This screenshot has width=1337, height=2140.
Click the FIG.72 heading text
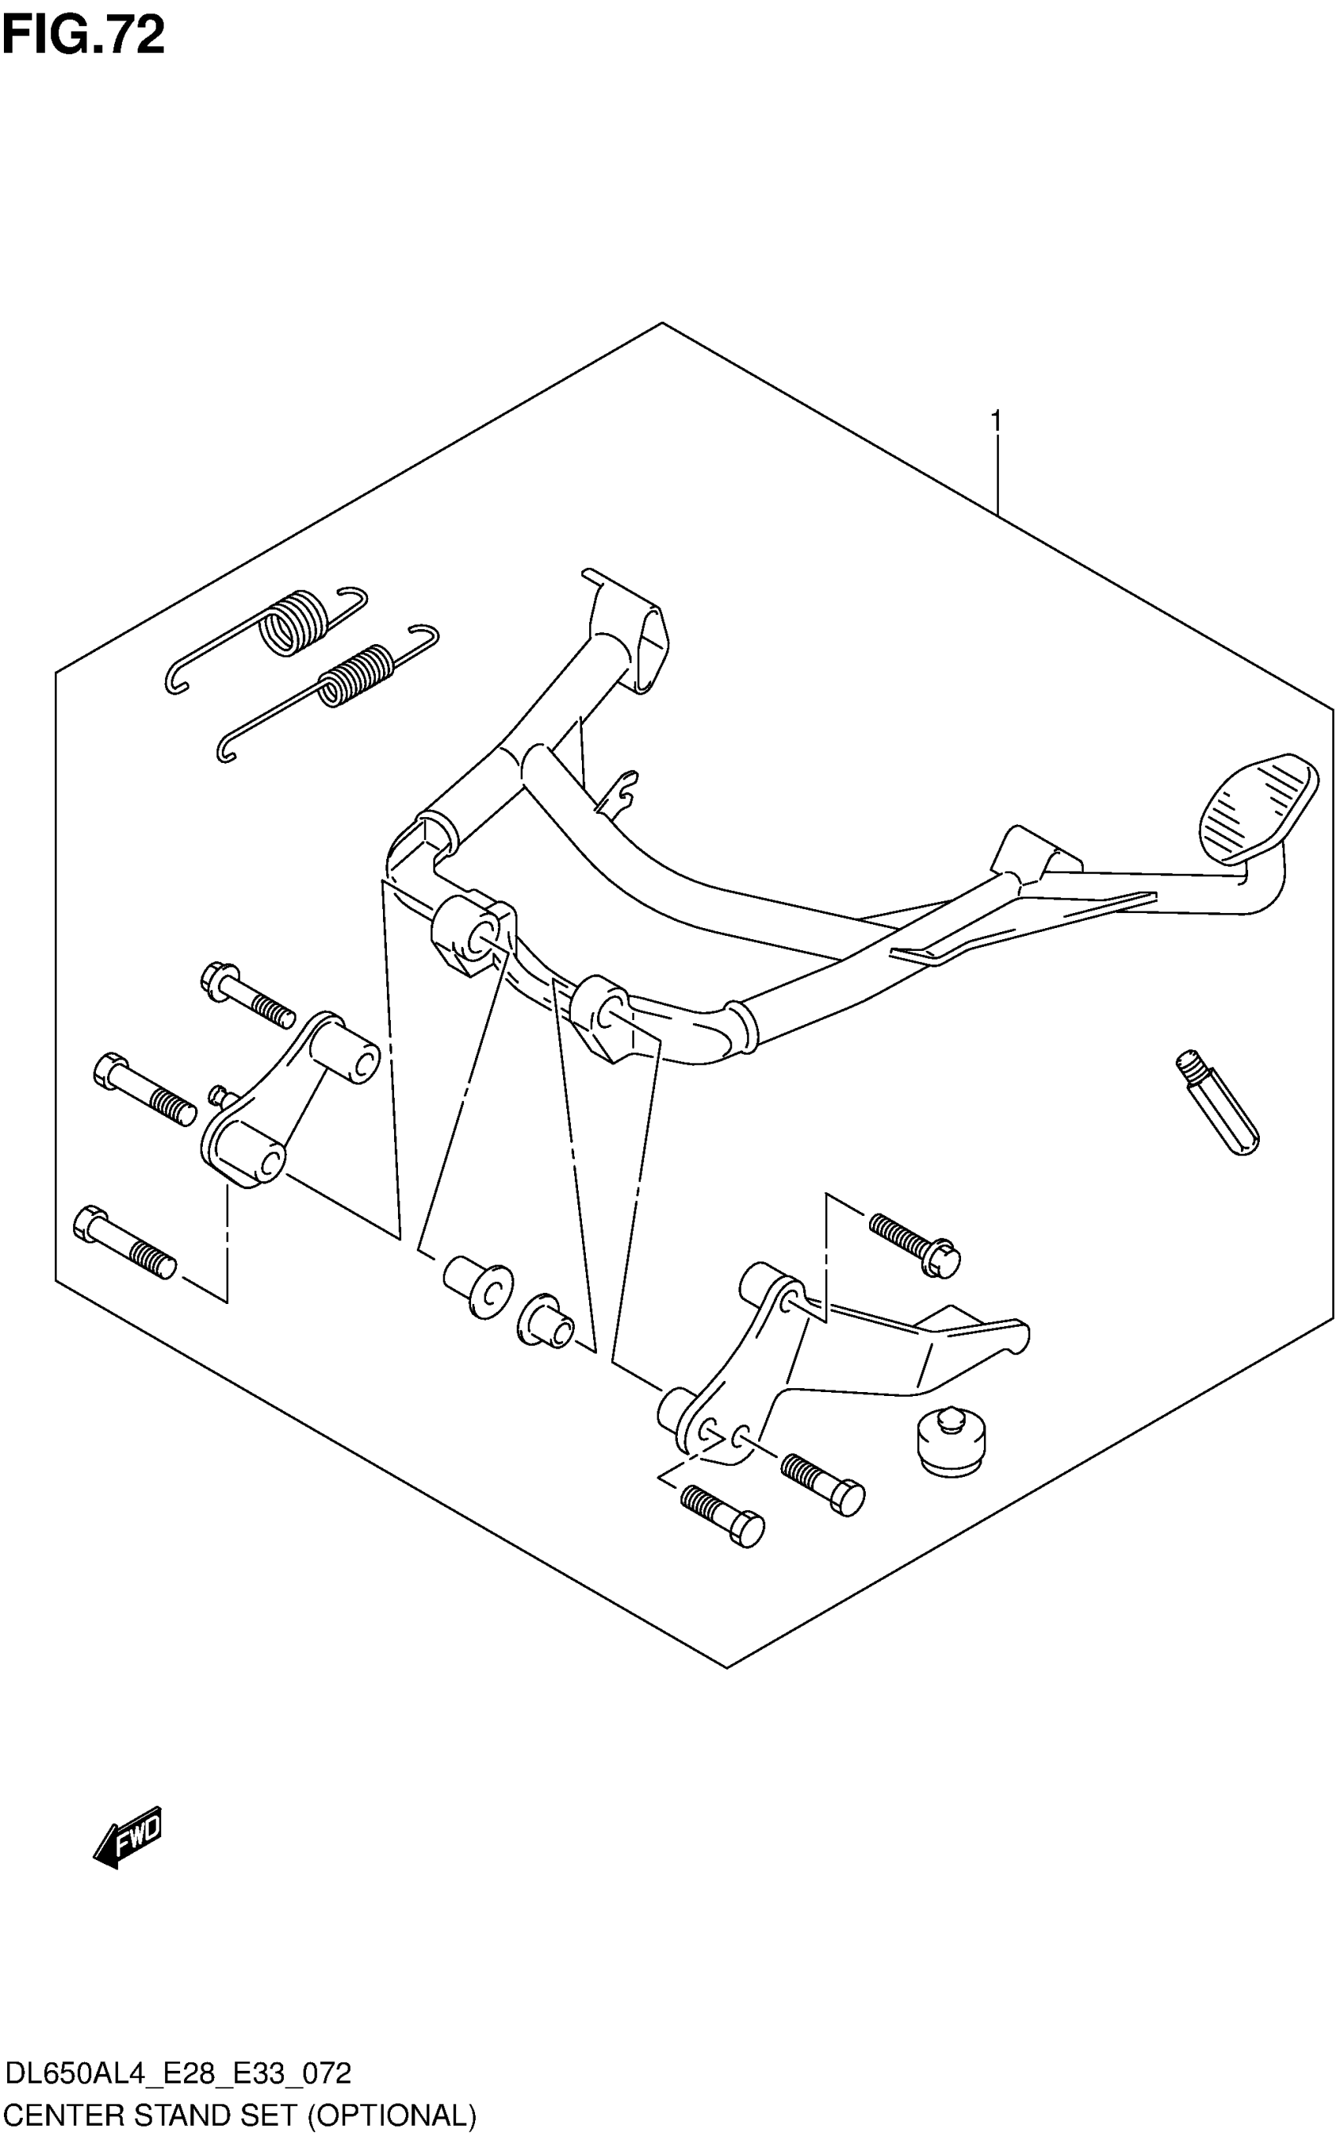click(83, 35)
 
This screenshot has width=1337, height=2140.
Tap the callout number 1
click(996, 422)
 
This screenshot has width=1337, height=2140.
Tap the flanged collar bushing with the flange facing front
click(478, 1287)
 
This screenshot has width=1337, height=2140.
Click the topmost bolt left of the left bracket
click(248, 995)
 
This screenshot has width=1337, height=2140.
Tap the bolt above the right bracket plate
click(915, 1244)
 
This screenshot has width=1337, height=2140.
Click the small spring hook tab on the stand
click(620, 790)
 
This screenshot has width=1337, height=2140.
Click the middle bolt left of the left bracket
click(144, 1088)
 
